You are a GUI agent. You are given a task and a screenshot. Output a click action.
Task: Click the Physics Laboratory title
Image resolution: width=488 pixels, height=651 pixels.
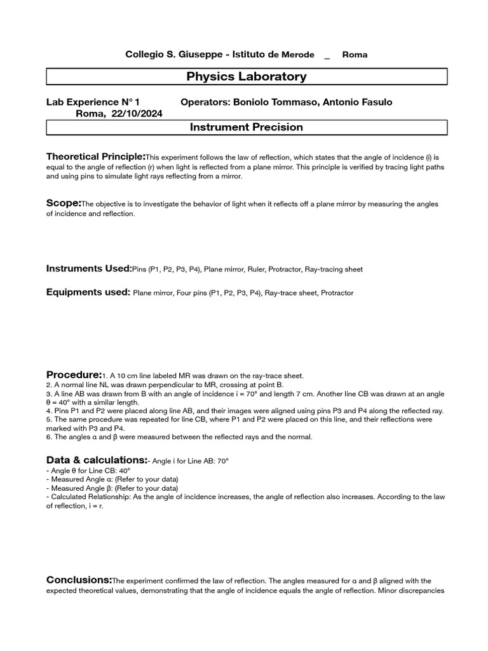pyautogui.click(x=247, y=77)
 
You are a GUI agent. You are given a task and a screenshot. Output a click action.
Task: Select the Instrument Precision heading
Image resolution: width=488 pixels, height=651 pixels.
pyautogui.click(x=247, y=127)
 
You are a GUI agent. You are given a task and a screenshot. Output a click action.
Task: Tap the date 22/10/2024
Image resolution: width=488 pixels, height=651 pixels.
pyautogui.click(x=137, y=114)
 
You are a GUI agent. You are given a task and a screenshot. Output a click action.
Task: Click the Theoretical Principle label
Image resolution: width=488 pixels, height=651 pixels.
pyautogui.click(x=95, y=156)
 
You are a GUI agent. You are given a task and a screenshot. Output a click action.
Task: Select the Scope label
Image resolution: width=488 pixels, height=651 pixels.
pyautogui.click(x=64, y=203)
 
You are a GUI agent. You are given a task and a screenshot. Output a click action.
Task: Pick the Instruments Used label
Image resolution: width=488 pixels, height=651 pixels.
pyautogui.click(x=88, y=269)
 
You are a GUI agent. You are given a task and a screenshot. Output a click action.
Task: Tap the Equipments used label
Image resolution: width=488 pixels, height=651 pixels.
pyautogui.click(x=88, y=292)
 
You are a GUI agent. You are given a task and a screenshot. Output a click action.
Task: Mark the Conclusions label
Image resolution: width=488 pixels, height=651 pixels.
pyautogui.click(x=79, y=580)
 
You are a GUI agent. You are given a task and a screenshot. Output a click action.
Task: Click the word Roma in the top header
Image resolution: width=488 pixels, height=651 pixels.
pyautogui.click(x=355, y=55)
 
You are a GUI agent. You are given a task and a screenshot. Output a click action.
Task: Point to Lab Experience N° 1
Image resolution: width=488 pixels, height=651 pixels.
pyautogui.click(x=93, y=102)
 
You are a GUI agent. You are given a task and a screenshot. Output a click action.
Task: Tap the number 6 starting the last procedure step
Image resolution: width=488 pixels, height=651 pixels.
pyautogui.click(x=48, y=437)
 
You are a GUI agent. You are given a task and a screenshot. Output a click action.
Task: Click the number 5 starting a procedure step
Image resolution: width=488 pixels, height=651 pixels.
pyautogui.click(x=48, y=420)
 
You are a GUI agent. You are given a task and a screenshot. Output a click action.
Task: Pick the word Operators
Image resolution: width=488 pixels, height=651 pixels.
pyautogui.click(x=205, y=102)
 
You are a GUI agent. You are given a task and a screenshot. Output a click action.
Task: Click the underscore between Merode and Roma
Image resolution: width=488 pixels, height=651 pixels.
pyautogui.click(x=327, y=57)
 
